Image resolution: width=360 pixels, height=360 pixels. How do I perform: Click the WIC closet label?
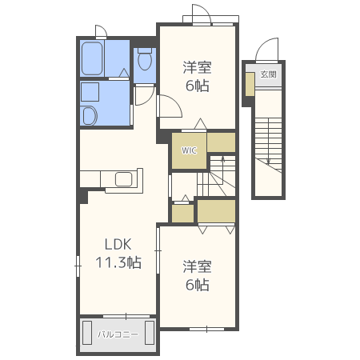pyautogui.click(x=189, y=150)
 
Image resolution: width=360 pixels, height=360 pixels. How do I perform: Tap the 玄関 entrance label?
pyautogui.click(x=268, y=74)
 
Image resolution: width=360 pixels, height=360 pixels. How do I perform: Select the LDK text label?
pyautogui.click(x=118, y=244)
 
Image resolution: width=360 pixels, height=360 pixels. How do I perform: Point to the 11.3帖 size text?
pyautogui.click(x=118, y=262)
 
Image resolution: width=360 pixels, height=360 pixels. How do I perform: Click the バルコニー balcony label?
pyautogui.click(x=118, y=334)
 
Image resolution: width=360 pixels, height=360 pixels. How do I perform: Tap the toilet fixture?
pyautogui.click(x=145, y=59)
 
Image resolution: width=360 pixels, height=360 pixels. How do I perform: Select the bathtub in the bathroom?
pyautogui.click(x=92, y=58)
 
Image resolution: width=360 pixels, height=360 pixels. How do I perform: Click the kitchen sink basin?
pyautogui.click(x=124, y=179)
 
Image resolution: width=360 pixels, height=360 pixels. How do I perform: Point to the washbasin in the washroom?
pyautogui.click(x=89, y=116)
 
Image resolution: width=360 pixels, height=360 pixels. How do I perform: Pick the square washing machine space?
pyautogui.click(x=90, y=92)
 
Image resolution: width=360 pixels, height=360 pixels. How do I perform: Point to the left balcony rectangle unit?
pyautogui.click(x=87, y=333)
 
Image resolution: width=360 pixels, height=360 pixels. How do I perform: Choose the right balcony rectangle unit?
pyautogui.click(x=150, y=333)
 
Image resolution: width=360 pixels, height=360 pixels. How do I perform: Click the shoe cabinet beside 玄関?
pyautogui.click(x=250, y=84)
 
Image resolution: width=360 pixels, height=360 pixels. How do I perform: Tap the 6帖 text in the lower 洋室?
pyautogui.click(x=198, y=285)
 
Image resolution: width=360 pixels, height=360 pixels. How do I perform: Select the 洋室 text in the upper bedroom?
pyautogui.click(x=198, y=67)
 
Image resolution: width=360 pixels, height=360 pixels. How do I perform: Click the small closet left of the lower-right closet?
pyautogui.click(x=182, y=214)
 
